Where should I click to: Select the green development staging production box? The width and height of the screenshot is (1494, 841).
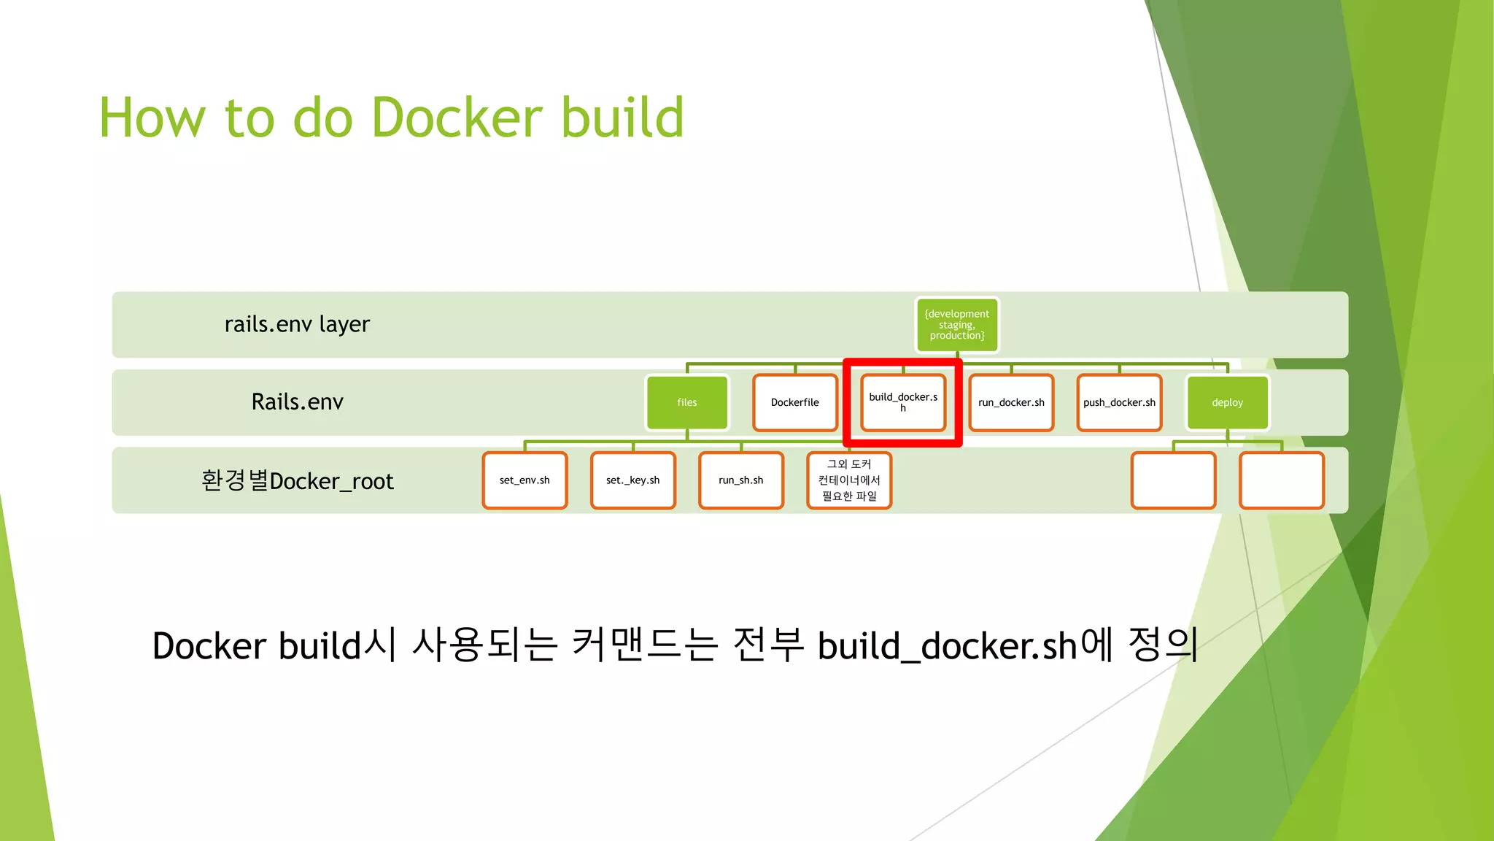(x=956, y=325)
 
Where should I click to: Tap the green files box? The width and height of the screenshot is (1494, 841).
(x=686, y=402)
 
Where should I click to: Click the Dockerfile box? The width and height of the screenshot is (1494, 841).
(x=794, y=402)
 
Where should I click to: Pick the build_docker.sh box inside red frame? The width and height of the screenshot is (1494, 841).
(x=902, y=402)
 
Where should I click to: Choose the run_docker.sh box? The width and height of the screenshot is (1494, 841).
(x=1011, y=402)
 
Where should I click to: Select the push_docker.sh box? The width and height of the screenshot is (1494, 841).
(x=1119, y=402)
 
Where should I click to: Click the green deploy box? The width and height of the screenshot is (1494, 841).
(x=1227, y=402)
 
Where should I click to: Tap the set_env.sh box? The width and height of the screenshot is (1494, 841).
(x=525, y=480)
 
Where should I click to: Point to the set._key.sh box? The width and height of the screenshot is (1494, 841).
(x=632, y=480)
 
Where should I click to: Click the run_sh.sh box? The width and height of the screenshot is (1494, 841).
(x=740, y=480)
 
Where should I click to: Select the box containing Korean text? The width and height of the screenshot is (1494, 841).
(x=849, y=480)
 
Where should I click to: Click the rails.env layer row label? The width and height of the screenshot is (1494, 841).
(x=297, y=324)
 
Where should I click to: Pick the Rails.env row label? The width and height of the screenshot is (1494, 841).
(x=297, y=402)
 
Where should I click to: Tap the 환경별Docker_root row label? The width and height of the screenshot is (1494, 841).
(x=297, y=481)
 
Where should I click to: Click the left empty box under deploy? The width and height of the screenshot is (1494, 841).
(x=1173, y=480)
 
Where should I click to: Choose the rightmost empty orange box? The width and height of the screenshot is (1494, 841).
(x=1281, y=480)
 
